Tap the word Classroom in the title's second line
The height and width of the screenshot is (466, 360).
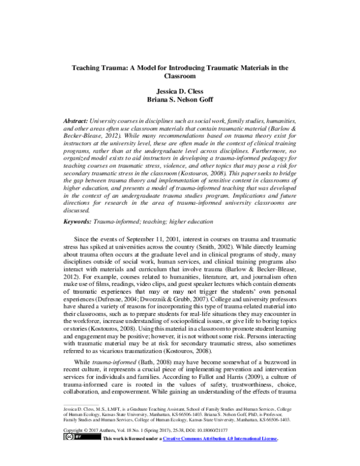(180, 77)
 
